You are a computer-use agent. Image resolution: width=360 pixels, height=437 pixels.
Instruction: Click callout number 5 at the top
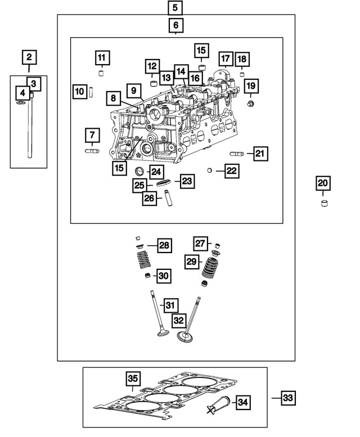click(175, 8)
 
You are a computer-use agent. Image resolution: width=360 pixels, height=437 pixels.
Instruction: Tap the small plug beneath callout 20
click(323, 203)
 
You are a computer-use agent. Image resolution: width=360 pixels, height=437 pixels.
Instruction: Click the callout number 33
click(287, 398)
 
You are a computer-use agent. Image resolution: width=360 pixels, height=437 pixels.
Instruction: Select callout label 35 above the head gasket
click(133, 379)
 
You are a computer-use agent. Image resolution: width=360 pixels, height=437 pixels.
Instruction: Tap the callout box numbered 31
click(171, 305)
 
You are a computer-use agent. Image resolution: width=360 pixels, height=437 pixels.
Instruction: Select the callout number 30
click(164, 276)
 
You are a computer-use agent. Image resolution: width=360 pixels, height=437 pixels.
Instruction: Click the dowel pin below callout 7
click(92, 151)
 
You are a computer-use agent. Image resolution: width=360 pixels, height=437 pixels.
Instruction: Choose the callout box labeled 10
click(80, 91)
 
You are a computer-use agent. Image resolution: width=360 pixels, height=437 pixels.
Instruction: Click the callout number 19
click(251, 86)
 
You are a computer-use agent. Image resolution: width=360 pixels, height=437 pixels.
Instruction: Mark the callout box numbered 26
click(148, 198)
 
